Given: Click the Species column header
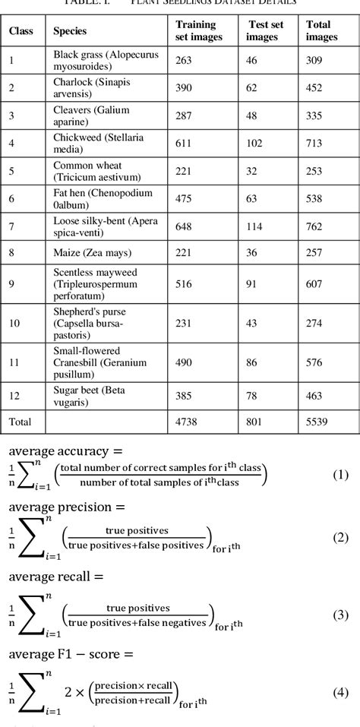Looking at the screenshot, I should click(x=70, y=31).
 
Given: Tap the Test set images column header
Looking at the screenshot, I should click(x=265, y=30).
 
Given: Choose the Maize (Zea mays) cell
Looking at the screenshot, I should click(x=92, y=251).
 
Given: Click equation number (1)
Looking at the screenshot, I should click(x=340, y=476).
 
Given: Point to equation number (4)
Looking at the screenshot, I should click(x=340, y=692).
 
